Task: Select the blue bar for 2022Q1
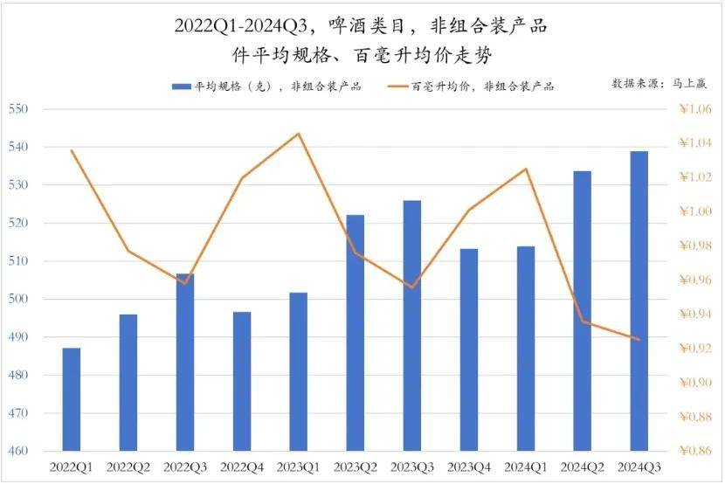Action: pos(72,399)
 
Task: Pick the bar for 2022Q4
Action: pos(242,381)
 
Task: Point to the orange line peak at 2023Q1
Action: pos(299,134)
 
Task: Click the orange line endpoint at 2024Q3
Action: pos(639,340)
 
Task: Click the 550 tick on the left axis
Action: pos(18,109)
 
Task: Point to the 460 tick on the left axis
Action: pos(18,452)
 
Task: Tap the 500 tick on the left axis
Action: pos(18,300)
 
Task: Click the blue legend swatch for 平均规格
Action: pos(181,86)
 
